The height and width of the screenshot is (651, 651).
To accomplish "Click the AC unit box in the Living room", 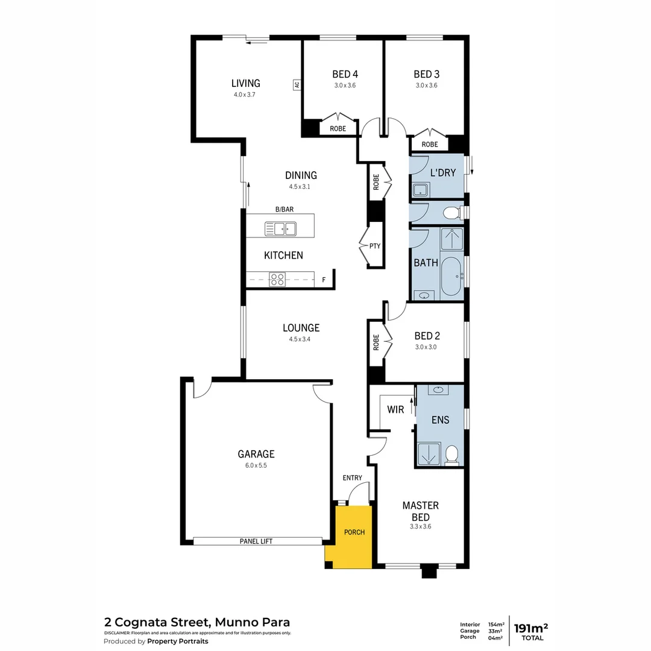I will (297, 85).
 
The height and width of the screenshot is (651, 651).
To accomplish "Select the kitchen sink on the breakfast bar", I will (280, 228).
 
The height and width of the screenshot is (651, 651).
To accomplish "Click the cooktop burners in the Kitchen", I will (277, 279).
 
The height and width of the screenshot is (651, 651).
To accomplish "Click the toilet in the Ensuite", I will (451, 454).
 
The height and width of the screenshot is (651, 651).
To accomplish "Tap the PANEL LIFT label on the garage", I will (256, 541).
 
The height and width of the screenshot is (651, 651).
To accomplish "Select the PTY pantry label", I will (375, 246).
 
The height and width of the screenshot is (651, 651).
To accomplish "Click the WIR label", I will (395, 410).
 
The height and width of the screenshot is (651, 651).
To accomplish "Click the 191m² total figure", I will (530, 628).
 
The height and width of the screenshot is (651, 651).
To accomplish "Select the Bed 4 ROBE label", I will (338, 129).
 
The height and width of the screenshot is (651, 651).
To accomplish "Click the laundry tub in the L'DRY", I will (420, 191).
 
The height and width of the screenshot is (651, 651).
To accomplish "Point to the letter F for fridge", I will (324, 280).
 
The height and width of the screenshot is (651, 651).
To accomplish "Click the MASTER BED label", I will (420, 511).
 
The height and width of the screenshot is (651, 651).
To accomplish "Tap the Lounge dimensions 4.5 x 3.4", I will (301, 339).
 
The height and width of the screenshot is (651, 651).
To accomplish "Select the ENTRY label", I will (353, 478).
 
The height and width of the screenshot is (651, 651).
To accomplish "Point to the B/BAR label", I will (285, 209).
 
